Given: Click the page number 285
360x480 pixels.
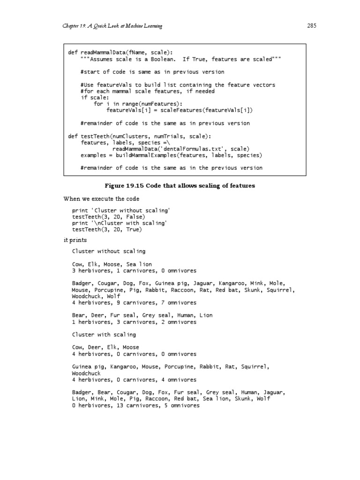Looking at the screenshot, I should [x=312, y=26].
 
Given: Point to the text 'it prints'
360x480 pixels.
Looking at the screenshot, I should [x=75, y=240].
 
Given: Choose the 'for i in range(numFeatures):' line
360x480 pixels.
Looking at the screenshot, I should [x=138, y=104].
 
